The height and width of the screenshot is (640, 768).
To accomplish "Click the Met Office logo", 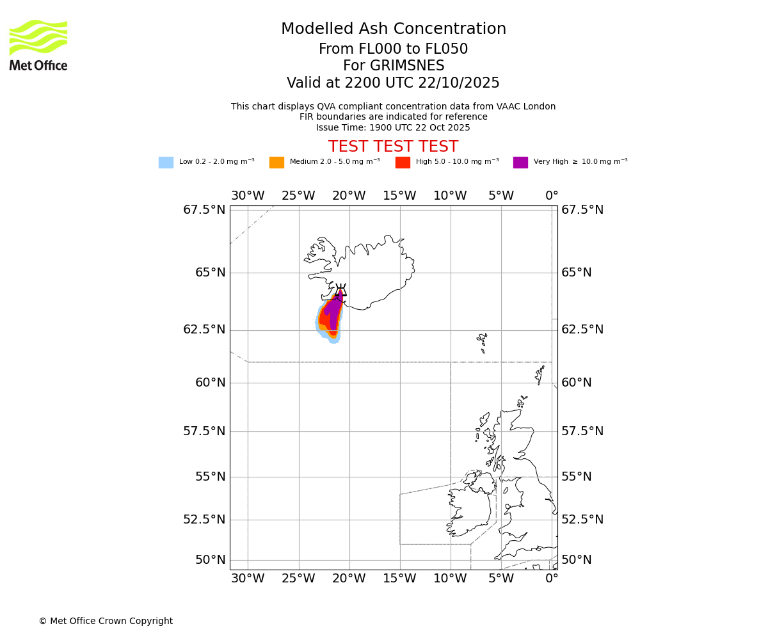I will (38, 45).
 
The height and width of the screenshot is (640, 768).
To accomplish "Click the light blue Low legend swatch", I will (166, 163).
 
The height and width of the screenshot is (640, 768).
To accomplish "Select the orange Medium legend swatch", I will (276, 163).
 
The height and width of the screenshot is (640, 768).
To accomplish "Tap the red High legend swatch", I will (403, 163).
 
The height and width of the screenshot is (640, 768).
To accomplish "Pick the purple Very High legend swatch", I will (520, 163).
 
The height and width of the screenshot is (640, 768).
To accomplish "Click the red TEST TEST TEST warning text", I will (393, 147).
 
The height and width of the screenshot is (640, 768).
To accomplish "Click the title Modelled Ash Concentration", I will (393, 29).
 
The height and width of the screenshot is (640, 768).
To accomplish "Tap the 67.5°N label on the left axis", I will (204, 210).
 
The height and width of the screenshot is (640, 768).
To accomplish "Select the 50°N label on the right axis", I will (577, 560).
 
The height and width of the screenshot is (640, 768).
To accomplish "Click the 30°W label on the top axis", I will (248, 196).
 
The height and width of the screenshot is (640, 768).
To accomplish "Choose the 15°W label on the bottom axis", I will (399, 579).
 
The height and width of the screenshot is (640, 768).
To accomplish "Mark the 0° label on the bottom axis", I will (552, 579).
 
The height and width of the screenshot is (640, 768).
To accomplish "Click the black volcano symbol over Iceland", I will (340, 292).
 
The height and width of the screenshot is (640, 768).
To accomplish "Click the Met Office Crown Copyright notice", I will (106, 621).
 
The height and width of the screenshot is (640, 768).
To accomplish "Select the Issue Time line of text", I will (393, 127).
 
